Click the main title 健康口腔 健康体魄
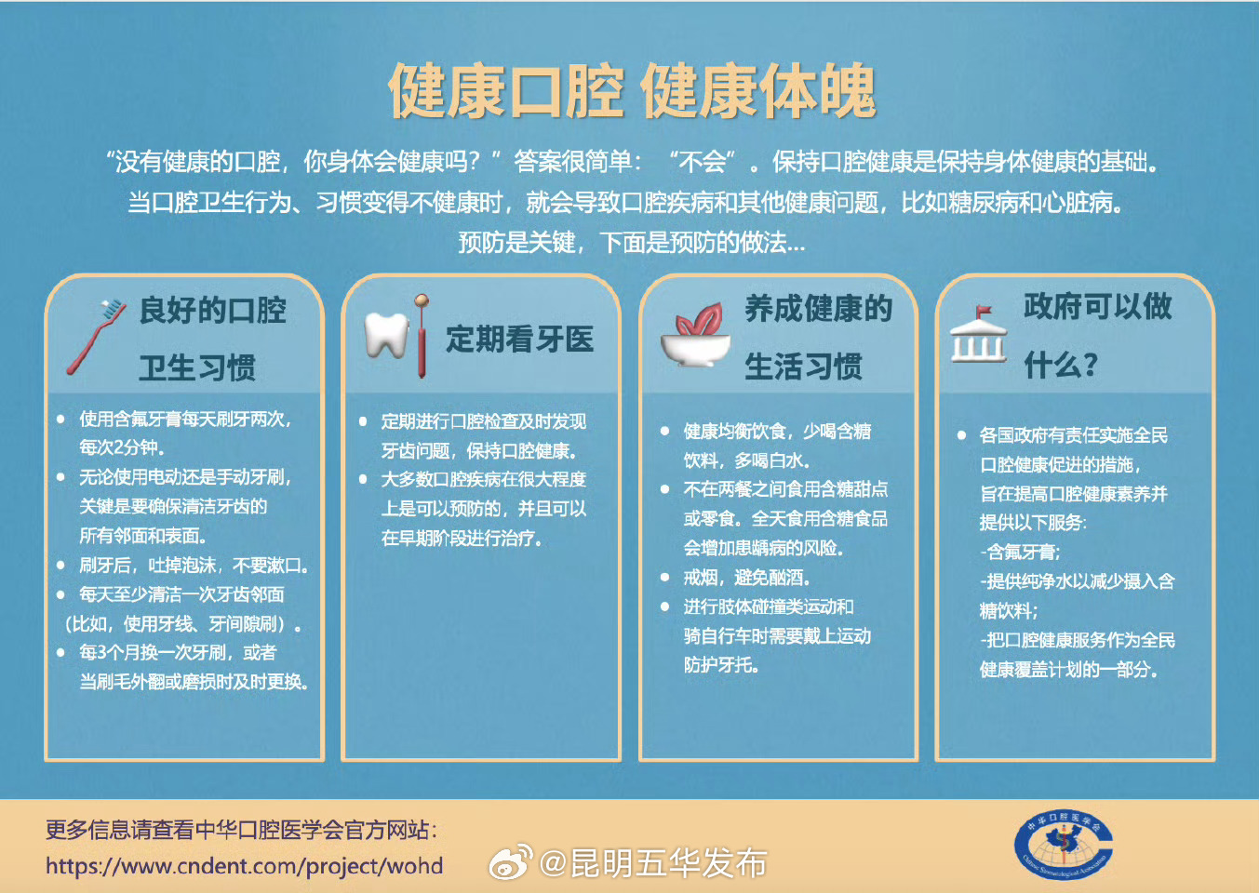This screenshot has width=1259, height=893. pyautogui.click(x=631, y=91)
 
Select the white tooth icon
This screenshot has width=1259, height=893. pyautogui.click(x=385, y=335)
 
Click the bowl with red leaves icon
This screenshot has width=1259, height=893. pyautogui.click(x=694, y=337)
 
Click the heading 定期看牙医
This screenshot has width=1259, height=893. pyautogui.click(x=519, y=340)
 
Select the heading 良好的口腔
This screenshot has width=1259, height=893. pyautogui.click(x=212, y=310)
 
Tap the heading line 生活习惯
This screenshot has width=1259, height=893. pyautogui.click(x=803, y=367)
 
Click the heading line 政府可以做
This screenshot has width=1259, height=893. pyautogui.click(x=1097, y=306)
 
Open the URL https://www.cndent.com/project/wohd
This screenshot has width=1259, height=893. pyautogui.click(x=244, y=866)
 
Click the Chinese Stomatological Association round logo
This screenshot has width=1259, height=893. pyautogui.click(x=1063, y=846)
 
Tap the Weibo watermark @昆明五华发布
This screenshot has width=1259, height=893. pyautogui.click(x=629, y=863)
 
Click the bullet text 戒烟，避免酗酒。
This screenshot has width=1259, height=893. pyautogui.click(x=747, y=578)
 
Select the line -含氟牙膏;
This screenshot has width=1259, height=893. pyautogui.click(x=1020, y=552)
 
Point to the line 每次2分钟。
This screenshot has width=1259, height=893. pyautogui.click(x=122, y=447)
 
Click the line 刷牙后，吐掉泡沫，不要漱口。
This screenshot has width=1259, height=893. pyautogui.click(x=194, y=566)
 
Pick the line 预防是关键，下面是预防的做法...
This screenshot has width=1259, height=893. pyautogui.click(x=631, y=243)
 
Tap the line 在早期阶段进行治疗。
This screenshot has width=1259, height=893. pyautogui.click(x=462, y=539)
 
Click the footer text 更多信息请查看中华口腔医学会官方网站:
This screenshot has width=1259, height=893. pyautogui.click(x=241, y=830)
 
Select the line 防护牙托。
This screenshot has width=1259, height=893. pyautogui.click(x=723, y=665)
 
